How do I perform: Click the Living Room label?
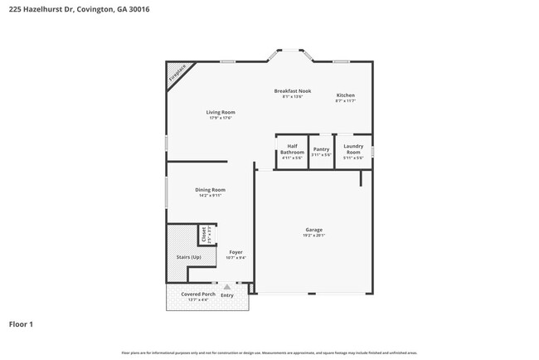tap(221, 112)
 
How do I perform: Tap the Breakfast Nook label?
tap(293, 90)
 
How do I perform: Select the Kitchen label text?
tap(345, 95)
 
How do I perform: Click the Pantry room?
tap(321, 152)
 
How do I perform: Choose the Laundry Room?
tap(353, 151)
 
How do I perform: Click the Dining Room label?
tap(210, 190)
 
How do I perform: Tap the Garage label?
tap(313, 230)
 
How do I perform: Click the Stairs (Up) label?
tap(188, 257)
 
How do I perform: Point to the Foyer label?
tap(236, 251)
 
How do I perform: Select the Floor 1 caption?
tap(21, 324)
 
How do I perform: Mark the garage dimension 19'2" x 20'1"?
tap(313, 236)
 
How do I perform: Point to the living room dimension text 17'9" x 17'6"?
tap(221, 118)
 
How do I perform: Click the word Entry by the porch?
tap(227, 295)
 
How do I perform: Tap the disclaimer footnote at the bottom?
tap(269, 352)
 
